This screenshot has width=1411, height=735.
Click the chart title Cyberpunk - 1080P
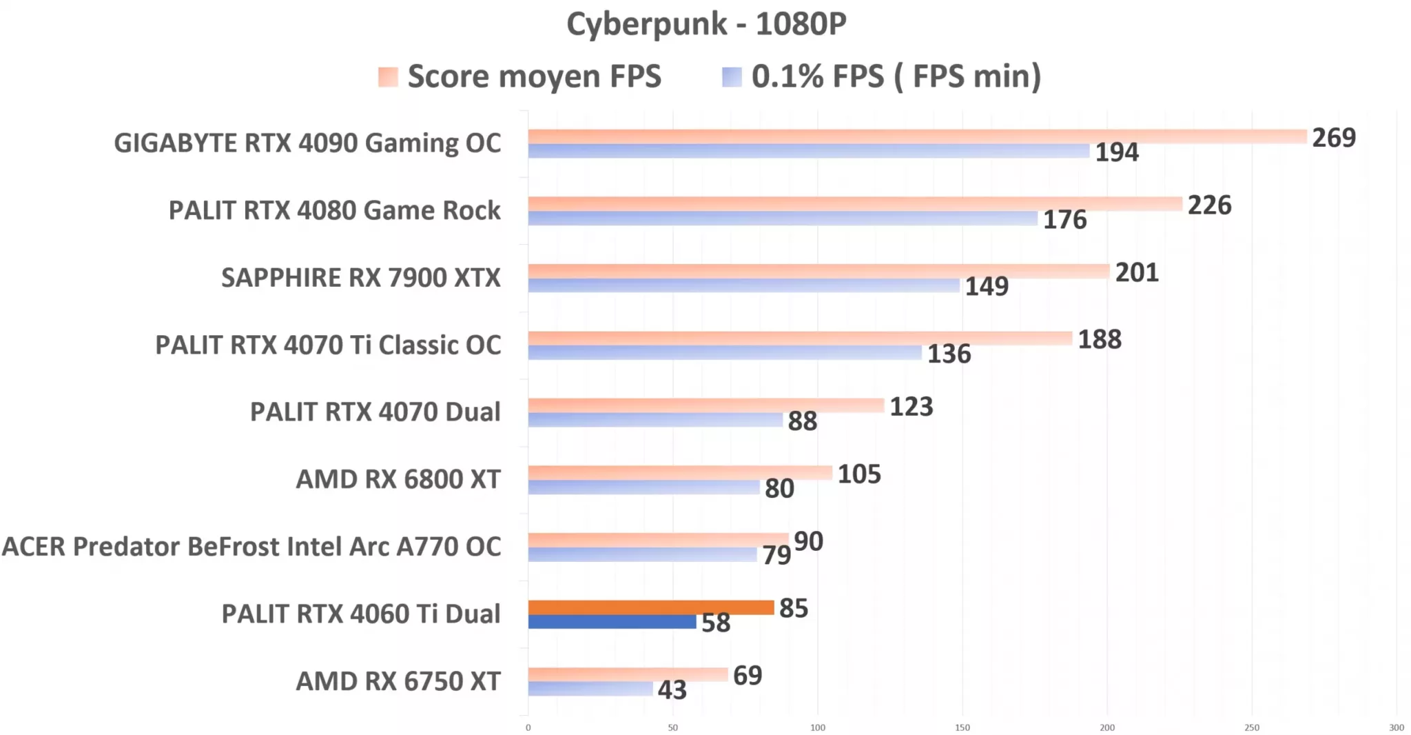(705, 24)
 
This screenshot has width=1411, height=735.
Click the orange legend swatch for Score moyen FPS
(388, 77)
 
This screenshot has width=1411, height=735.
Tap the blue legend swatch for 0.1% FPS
(732, 77)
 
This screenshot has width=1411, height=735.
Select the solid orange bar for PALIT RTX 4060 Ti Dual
(651, 607)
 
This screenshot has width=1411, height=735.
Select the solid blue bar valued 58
(612, 622)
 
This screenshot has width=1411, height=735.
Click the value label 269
(1333, 138)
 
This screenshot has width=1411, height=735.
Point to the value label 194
(1117, 152)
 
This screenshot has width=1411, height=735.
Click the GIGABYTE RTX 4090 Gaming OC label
(307, 143)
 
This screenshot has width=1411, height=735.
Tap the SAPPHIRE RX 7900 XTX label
(360, 278)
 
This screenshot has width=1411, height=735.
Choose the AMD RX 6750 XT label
(398, 681)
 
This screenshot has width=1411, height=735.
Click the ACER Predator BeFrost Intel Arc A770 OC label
(251, 547)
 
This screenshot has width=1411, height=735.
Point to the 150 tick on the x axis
(962, 727)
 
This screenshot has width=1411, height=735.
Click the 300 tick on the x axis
(1397, 727)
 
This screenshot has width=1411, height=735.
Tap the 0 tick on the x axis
(528, 727)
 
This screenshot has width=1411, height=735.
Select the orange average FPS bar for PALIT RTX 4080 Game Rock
(854, 204)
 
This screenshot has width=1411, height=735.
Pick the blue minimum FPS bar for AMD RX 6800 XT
(643, 487)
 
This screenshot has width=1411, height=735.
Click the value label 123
(911, 407)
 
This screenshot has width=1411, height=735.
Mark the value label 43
(672, 689)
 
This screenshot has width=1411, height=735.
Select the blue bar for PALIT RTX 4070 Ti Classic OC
(725, 353)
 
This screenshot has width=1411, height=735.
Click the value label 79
(776, 555)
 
